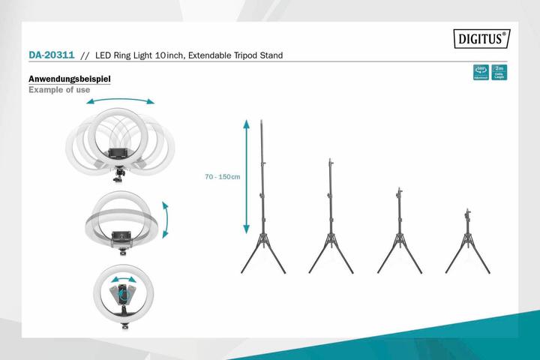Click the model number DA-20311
[x=51, y=55]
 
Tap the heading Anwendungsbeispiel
[x=70, y=79]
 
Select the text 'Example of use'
[x=59, y=90]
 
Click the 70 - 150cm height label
[x=222, y=177]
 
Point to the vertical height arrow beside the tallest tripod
[x=246, y=177]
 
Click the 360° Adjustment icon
[x=480, y=73]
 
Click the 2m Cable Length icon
[x=499, y=73]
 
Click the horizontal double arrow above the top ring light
[x=120, y=101]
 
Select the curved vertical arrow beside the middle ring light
[x=166, y=219]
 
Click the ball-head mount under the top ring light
[x=119, y=175]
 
